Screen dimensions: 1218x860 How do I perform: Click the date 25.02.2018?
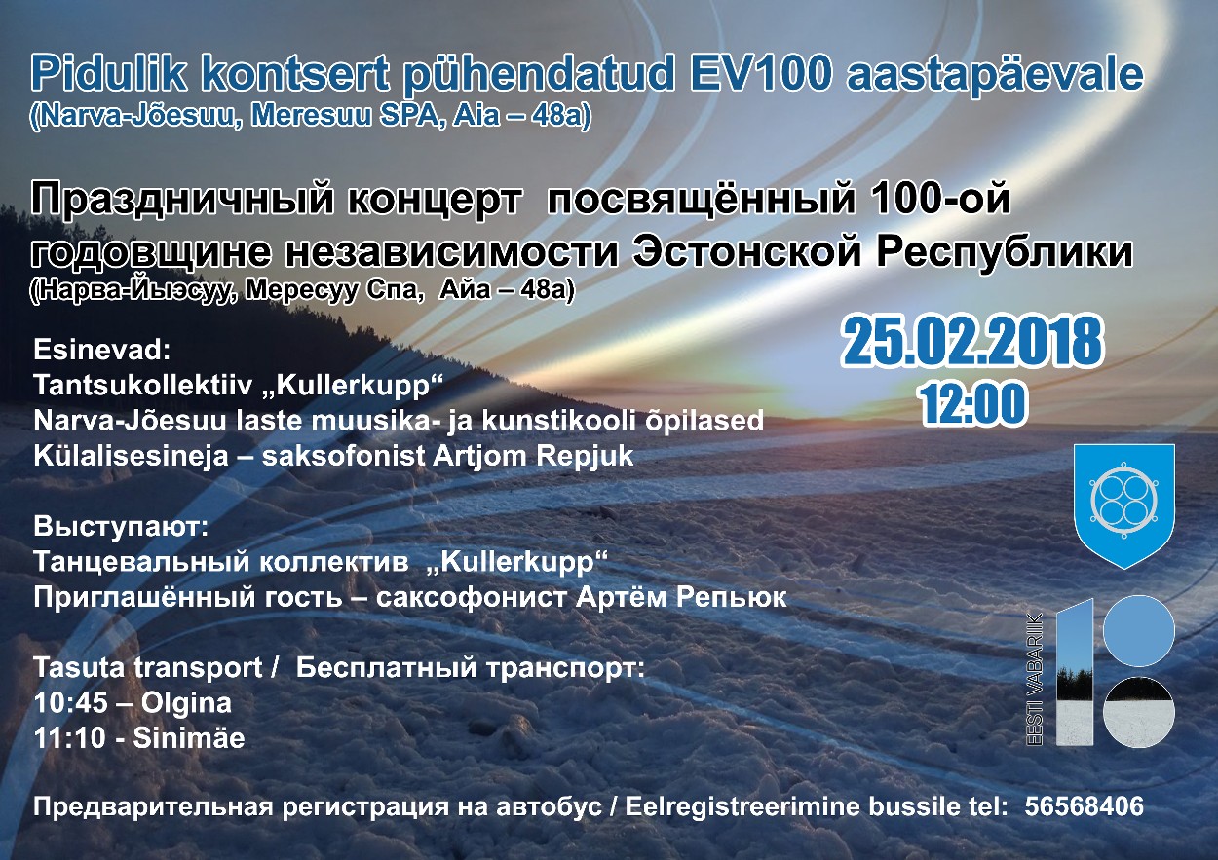[x=971, y=342]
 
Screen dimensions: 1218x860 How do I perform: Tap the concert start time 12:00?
[x=972, y=403]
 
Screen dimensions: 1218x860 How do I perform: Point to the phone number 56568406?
[x=1084, y=806]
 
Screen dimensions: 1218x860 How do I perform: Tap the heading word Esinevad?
[x=102, y=350]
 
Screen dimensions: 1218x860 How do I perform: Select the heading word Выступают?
[x=121, y=527]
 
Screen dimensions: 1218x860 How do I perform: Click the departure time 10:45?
[x=71, y=703]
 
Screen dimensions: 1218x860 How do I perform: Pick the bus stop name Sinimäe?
[x=189, y=738]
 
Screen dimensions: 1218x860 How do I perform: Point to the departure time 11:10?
[x=69, y=738]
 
